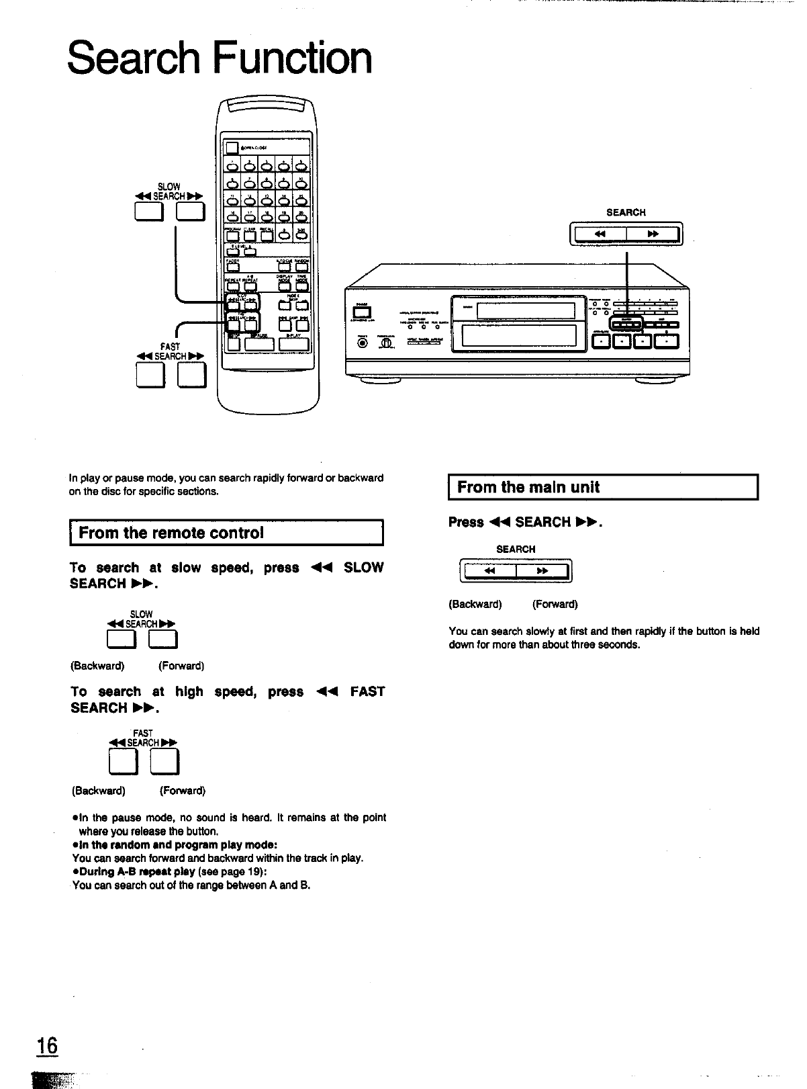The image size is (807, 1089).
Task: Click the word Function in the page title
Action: [x=292, y=58]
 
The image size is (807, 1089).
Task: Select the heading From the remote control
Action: [x=171, y=533]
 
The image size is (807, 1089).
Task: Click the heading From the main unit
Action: [x=528, y=488]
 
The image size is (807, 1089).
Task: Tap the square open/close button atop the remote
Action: [x=232, y=148]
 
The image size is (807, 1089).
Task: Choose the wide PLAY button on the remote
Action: [x=293, y=344]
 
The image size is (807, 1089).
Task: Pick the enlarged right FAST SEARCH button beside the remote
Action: [x=191, y=374]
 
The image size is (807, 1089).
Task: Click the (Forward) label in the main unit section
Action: [x=555, y=604]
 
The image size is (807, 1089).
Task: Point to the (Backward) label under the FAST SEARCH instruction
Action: [x=99, y=791]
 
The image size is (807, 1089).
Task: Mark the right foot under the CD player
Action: [x=655, y=381]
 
